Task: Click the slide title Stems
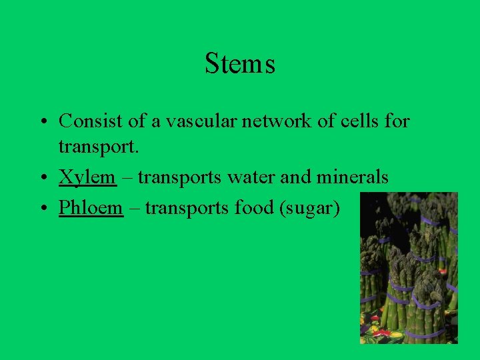tap(240, 64)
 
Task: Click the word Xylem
tap(87, 178)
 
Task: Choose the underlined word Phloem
tap(91, 208)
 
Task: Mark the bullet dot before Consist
tap(41, 122)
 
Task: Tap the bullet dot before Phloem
tap(41, 209)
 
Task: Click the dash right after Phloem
tap(134, 209)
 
